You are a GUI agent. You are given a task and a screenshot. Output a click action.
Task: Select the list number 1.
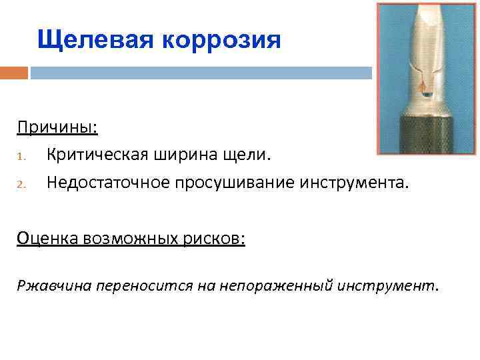(21, 156)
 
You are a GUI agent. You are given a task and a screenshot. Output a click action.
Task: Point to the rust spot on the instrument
(421, 85)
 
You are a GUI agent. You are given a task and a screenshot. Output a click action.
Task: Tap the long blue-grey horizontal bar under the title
(200, 73)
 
